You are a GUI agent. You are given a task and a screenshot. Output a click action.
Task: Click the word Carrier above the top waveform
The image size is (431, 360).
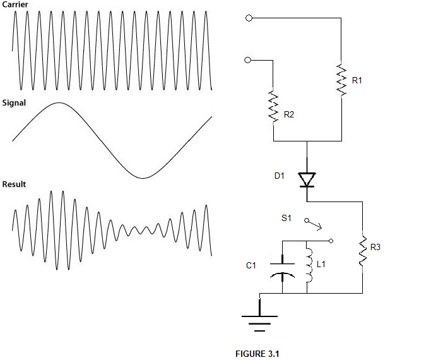15,4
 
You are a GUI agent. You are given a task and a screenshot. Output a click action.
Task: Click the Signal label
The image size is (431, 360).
14,103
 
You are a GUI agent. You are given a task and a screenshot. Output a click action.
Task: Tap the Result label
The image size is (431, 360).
14,184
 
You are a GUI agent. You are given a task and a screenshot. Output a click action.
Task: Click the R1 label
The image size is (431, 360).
357,80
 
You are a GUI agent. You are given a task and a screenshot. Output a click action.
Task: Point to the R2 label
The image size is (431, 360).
289,114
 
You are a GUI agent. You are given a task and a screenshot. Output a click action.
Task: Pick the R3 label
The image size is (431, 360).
375,247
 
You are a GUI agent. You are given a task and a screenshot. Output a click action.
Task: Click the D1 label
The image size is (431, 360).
279,177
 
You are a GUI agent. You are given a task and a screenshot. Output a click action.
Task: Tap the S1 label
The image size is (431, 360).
286,218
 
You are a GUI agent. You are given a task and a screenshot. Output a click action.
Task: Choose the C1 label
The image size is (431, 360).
251,266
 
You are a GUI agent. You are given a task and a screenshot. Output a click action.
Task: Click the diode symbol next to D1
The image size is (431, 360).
307,180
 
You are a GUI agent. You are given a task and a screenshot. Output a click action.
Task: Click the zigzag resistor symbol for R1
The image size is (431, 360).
341,79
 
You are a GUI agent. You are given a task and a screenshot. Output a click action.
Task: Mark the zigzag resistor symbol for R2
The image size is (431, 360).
274,107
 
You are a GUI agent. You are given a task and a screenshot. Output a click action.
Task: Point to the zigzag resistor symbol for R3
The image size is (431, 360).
363,251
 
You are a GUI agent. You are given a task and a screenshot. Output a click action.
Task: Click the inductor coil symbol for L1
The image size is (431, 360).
308,266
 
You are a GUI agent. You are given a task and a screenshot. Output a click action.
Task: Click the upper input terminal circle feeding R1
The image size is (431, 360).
249,18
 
